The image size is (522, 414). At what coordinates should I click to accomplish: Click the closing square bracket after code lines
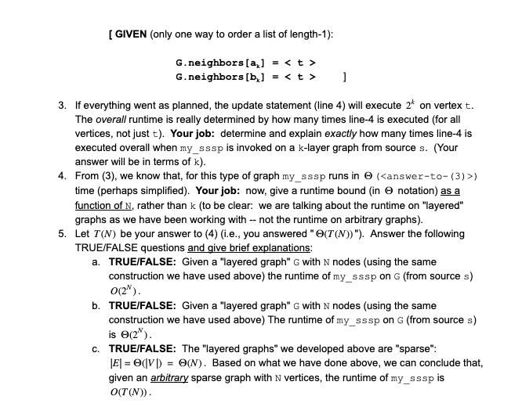click(x=346, y=77)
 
